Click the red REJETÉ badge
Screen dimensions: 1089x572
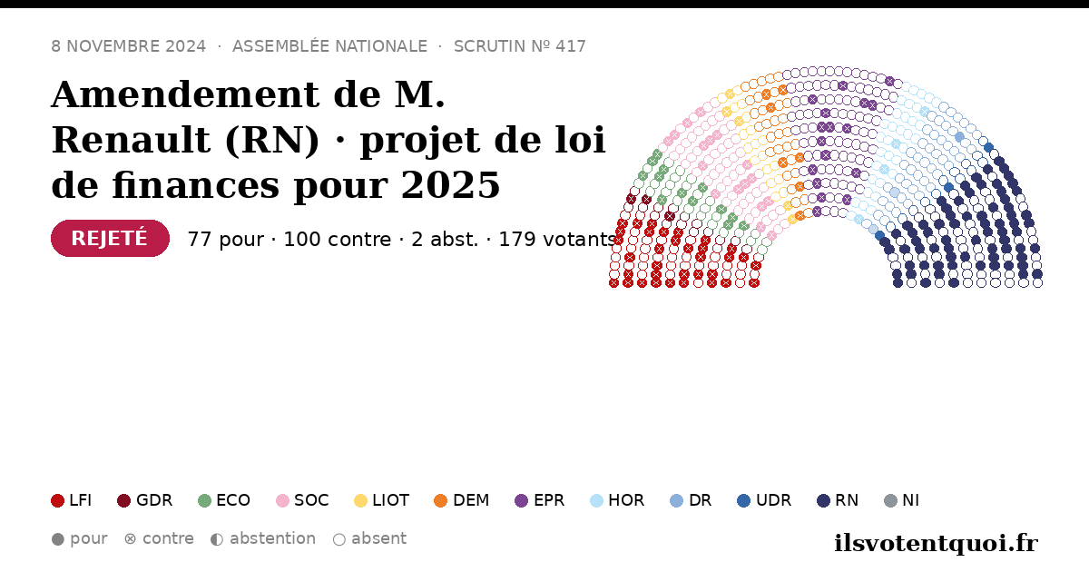(110, 238)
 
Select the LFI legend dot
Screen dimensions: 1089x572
(57, 500)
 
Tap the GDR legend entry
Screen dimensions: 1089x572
(145, 500)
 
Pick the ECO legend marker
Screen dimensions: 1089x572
(205, 500)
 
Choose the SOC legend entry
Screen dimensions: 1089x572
(302, 500)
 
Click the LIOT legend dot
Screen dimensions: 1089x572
(361, 500)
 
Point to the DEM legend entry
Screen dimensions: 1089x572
(461, 500)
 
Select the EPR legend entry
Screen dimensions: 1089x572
(540, 500)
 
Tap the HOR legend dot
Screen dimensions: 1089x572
(596, 500)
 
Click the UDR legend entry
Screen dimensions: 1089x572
(764, 500)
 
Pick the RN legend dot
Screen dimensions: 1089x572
(824, 500)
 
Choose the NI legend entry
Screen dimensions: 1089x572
(902, 500)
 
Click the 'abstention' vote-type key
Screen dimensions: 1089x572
(263, 539)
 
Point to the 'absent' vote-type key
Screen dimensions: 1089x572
(369, 539)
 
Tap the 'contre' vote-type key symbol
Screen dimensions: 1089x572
(131, 539)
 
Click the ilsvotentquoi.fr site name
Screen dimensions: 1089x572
(936, 543)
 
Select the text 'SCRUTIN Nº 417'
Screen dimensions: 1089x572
(520, 46)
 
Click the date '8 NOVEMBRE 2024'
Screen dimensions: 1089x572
(128, 46)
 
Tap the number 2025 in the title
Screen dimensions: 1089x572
(450, 185)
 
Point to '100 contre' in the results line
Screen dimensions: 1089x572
(337, 240)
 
